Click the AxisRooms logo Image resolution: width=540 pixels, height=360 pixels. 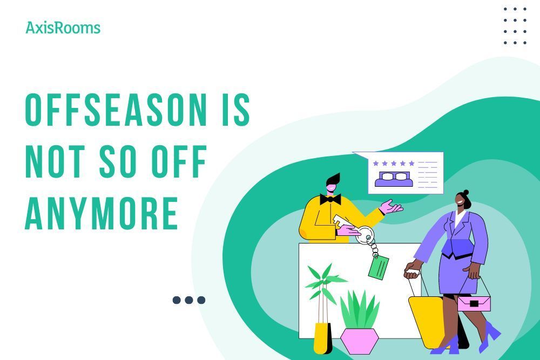[63, 28]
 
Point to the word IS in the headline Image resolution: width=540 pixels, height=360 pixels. [237, 111]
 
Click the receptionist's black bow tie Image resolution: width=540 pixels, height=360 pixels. [330, 199]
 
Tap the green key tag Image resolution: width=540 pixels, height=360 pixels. [379, 267]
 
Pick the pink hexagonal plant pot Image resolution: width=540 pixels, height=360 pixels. [359, 341]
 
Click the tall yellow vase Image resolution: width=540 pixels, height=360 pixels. [322, 338]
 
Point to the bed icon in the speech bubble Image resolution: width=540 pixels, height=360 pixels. [393, 179]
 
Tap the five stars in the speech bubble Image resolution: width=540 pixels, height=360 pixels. [394, 163]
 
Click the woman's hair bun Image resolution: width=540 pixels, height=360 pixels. [465, 192]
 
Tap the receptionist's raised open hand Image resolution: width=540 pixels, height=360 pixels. [392, 207]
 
